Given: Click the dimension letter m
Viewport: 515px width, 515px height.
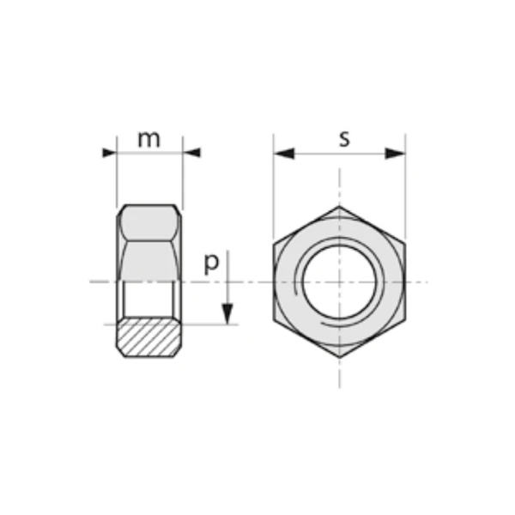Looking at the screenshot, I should tap(149, 139).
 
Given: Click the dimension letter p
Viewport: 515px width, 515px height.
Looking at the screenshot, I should tap(210, 263).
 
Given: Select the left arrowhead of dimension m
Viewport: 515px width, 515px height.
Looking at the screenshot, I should tap(109, 153).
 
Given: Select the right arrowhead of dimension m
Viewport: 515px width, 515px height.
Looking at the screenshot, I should tap(191, 153).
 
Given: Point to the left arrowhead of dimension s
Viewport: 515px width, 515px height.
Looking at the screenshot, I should tap(284, 153).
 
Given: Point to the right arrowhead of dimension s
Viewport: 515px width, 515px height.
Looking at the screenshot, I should tap(395, 153).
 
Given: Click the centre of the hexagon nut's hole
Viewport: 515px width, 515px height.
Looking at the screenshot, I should tap(340, 282).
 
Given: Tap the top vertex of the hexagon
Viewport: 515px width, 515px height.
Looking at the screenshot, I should tap(340, 206).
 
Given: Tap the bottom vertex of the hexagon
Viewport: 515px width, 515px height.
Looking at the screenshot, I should tap(340, 358).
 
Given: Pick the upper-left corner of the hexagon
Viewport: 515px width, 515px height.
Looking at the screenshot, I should tap(275, 244).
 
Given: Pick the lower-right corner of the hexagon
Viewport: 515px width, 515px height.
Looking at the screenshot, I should tap(405, 320).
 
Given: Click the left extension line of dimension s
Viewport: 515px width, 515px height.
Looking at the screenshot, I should tap(274, 189).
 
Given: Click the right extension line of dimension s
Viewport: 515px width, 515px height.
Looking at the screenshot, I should tap(405, 189).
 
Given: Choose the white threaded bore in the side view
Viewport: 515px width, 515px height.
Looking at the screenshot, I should tap(149, 300).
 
